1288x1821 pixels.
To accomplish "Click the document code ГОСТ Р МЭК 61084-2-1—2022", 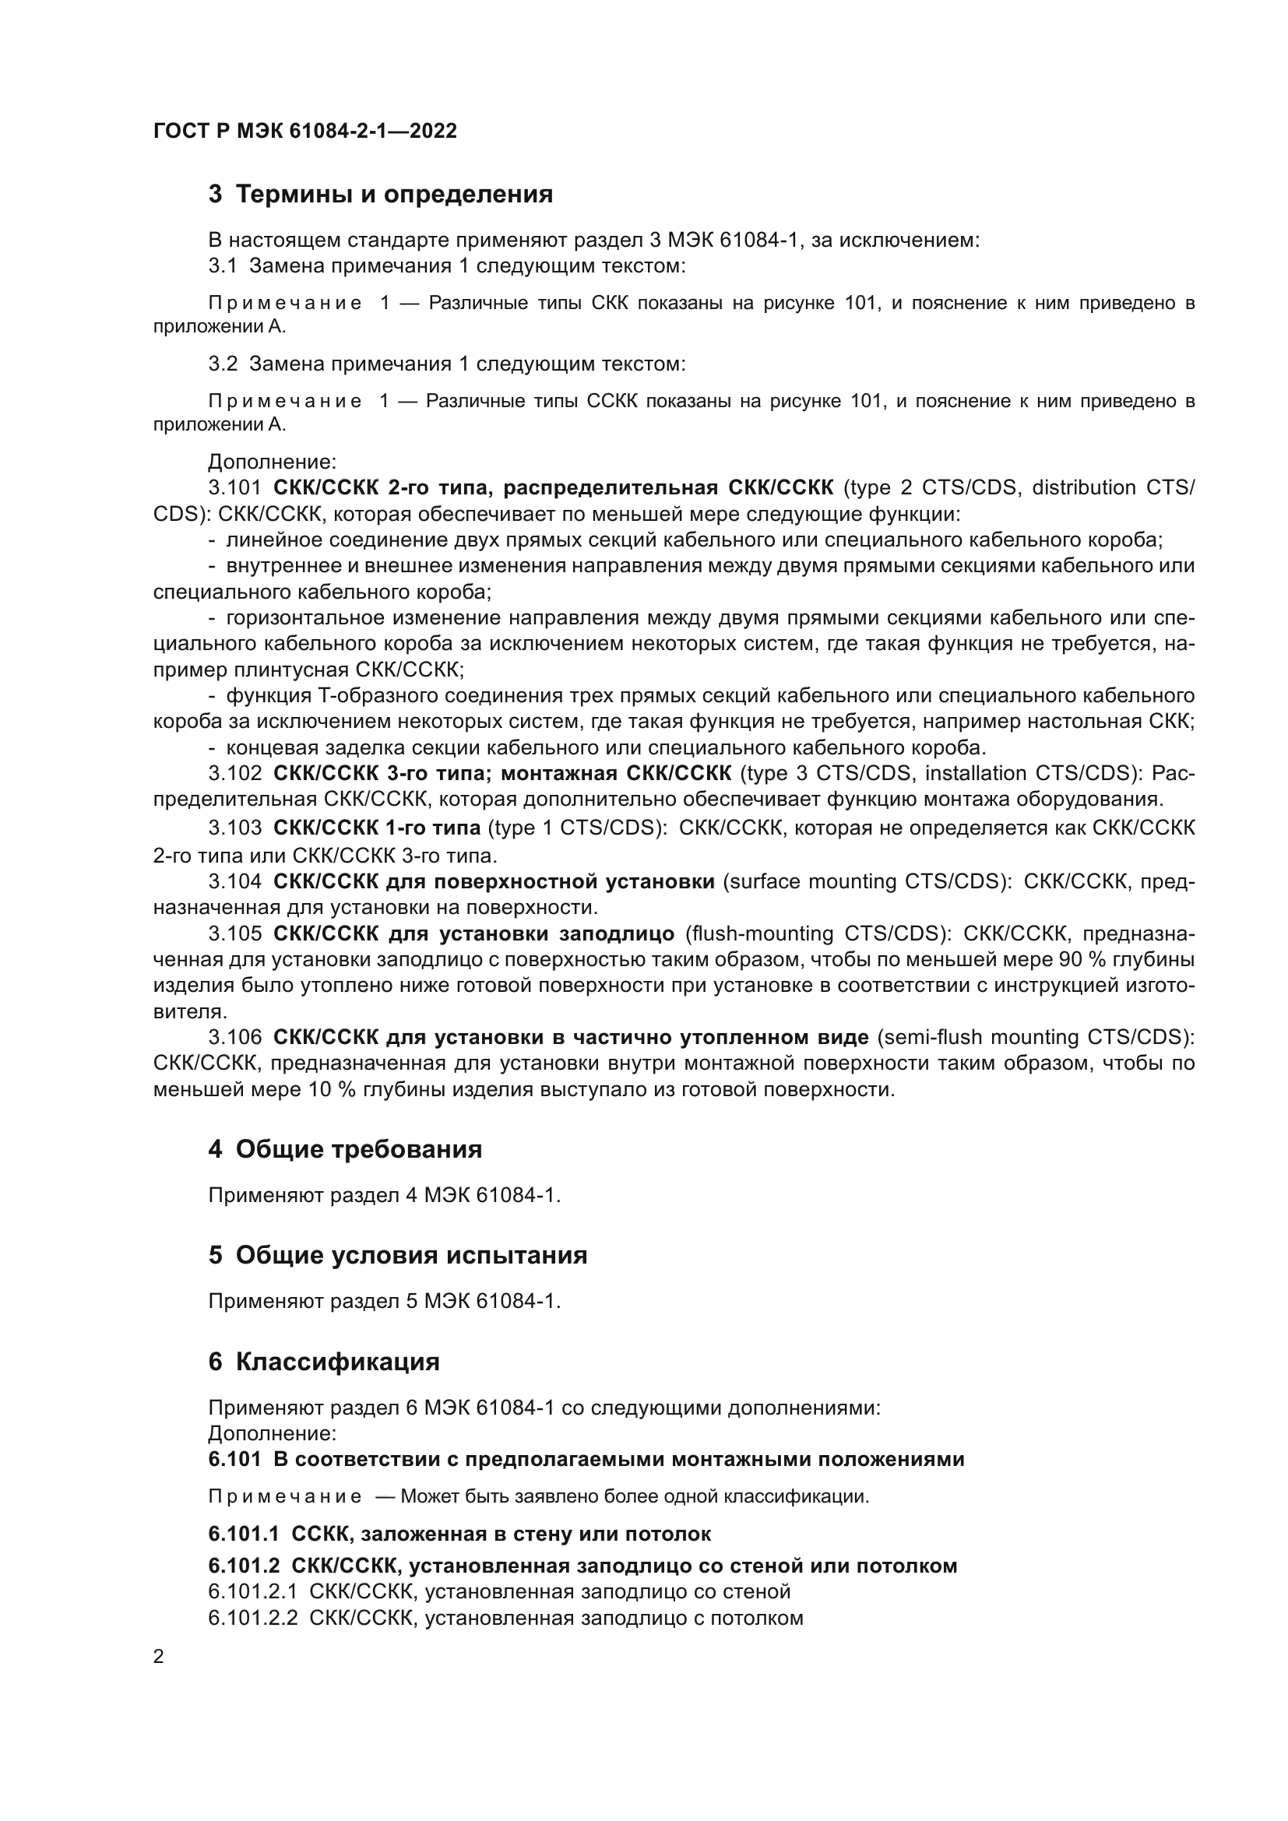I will (x=304, y=131).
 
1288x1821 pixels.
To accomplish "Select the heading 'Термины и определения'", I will (x=393, y=195).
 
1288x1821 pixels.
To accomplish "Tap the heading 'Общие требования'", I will (x=358, y=1149).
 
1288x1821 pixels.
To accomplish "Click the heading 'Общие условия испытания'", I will (x=411, y=1256).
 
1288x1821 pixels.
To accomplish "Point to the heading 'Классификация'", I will (x=337, y=1362).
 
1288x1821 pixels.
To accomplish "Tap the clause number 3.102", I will (x=234, y=773).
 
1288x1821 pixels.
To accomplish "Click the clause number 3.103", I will (x=234, y=828).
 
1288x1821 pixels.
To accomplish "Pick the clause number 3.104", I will (x=234, y=881).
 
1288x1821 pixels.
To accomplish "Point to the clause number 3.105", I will (x=234, y=933).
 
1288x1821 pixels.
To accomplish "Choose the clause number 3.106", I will (x=234, y=1037).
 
